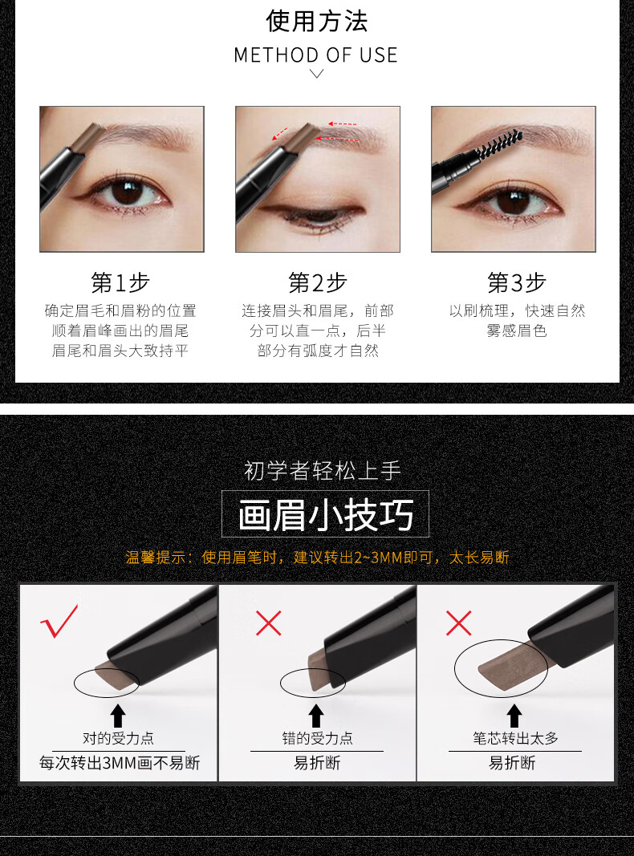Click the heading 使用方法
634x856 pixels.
tap(317, 21)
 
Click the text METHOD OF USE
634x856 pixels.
tap(316, 55)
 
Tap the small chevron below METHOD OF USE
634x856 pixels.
tap(317, 74)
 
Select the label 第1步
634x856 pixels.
tap(120, 282)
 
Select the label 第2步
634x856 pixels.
tap(318, 282)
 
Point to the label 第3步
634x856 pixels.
tap(516, 282)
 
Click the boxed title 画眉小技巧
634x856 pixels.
tap(325, 514)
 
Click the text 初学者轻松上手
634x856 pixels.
tap(322, 470)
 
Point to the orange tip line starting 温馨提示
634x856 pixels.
tap(317, 557)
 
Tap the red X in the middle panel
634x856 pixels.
tap(268, 623)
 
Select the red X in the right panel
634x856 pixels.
tap(459, 623)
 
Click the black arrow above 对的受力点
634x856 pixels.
tap(118, 715)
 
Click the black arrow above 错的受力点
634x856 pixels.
tap(316, 715)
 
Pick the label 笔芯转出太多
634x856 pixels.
tap(515, 738)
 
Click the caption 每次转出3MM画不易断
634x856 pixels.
tap(120, 763)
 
